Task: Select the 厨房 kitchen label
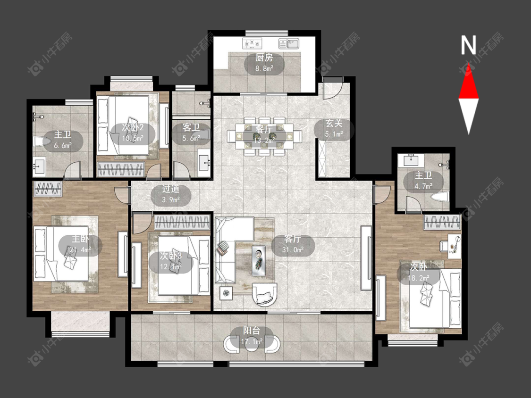point(264,58)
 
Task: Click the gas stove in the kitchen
point(253,43)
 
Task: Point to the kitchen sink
point(289,44)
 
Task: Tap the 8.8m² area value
point(264,69)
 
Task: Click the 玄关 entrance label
point(334,123)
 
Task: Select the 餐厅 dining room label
point(264,129)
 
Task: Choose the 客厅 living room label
point(293,239)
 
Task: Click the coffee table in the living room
point(259,260)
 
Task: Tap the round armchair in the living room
point(264,294)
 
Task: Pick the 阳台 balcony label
point(252,331)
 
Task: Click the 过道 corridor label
point(171,189)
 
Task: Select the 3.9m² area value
point(171,199)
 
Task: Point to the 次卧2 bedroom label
point(133,128)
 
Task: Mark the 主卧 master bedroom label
point(80,239)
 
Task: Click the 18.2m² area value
point(419,278)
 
